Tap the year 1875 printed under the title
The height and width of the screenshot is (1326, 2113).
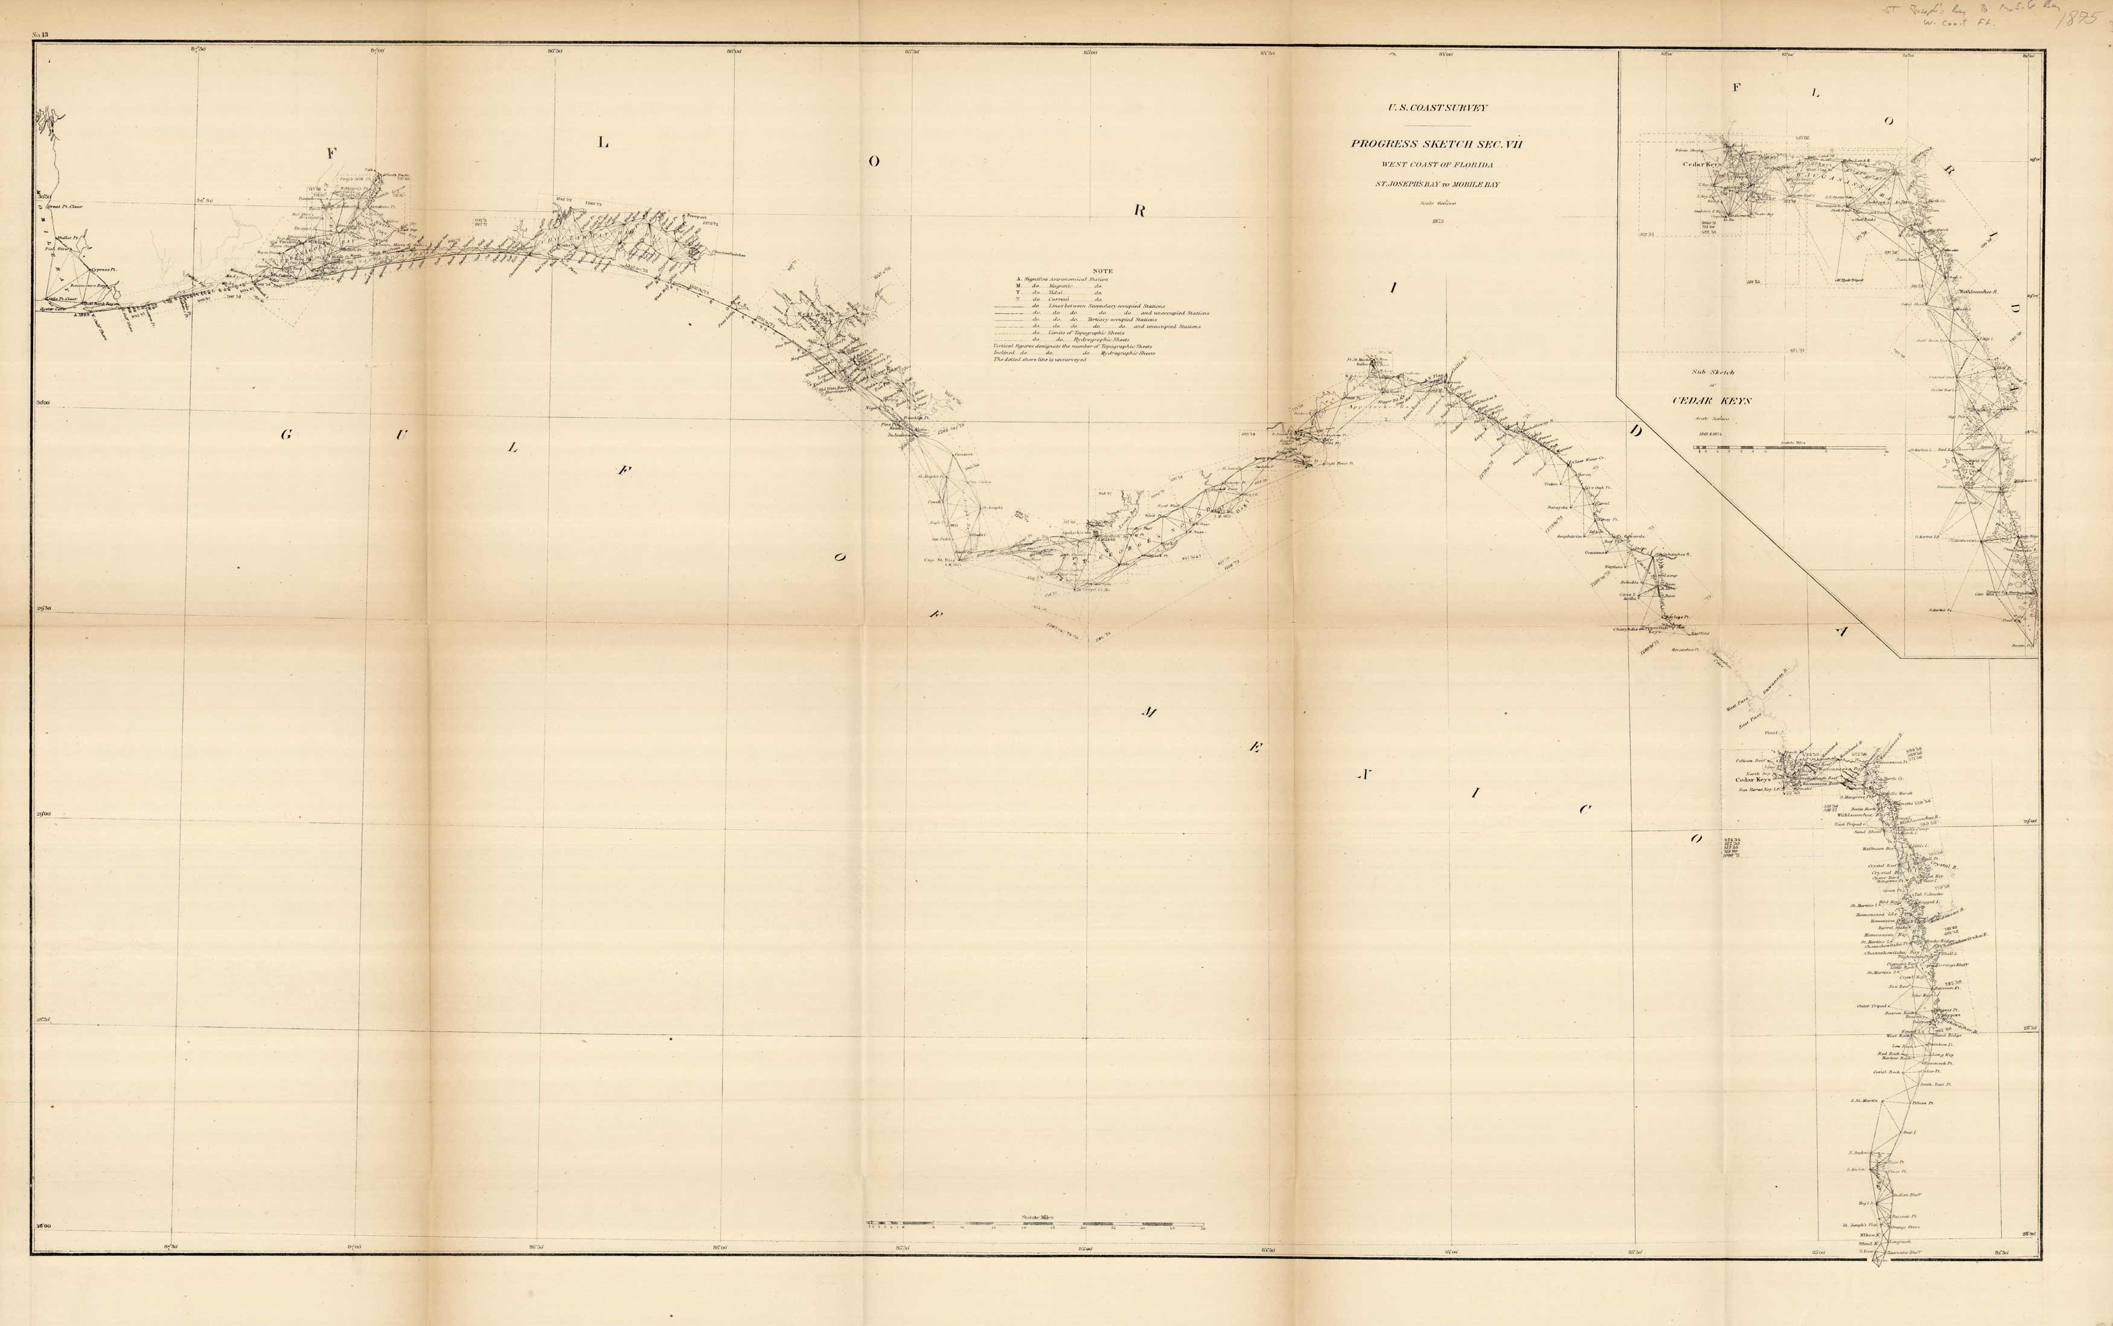[x=1437, y=222]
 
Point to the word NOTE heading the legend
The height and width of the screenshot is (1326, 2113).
[x=1102, y=271]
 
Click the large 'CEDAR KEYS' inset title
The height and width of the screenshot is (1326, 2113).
[x=1723, y=401]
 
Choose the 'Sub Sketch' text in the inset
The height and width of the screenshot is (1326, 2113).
[x=1712, y=373]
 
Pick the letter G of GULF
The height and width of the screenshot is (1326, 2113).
[x=286, y=434]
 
